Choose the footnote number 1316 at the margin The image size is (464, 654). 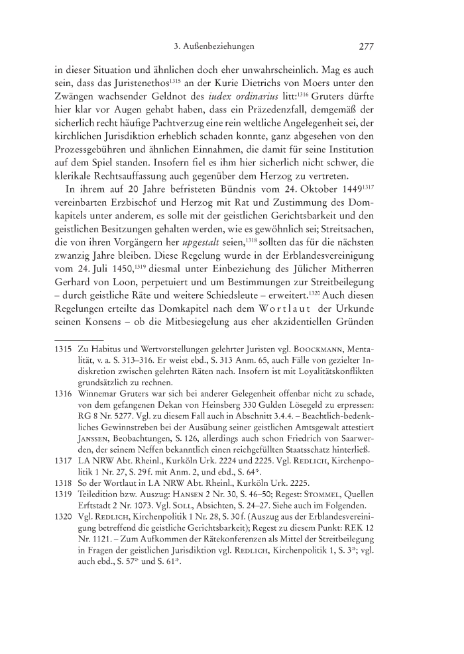[61, 392]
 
